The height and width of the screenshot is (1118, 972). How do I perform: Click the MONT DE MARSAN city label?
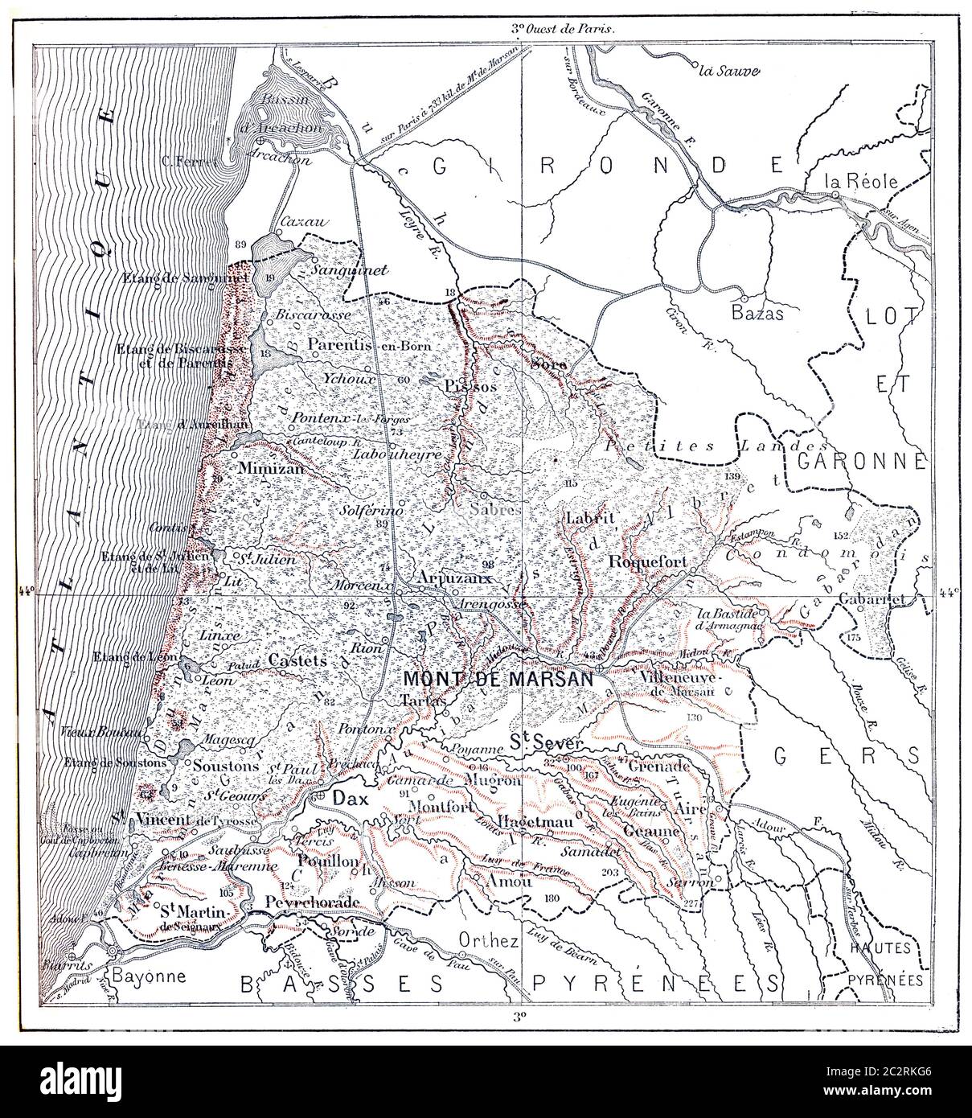[498, 678]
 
